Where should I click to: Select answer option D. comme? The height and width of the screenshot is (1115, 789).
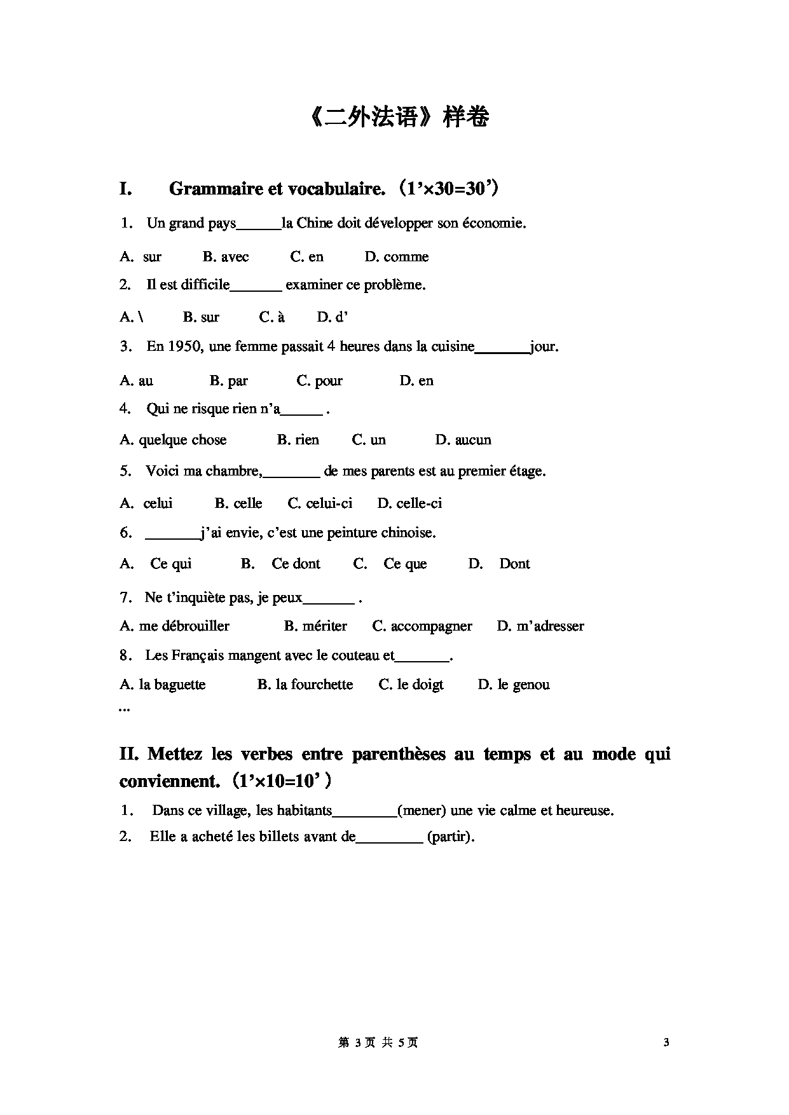coord(397,257)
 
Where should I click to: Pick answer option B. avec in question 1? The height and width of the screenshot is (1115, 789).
coord(226,257)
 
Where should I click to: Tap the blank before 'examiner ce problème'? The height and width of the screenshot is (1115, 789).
coord(256,286)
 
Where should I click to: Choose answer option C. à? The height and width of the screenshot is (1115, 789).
coord(272,317)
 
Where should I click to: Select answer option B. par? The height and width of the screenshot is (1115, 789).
coord(229,381)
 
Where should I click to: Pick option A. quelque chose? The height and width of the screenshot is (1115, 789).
coord(173,440)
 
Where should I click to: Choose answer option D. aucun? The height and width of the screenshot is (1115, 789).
coord(463,440)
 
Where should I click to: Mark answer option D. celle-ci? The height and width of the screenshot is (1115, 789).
coord(409,503)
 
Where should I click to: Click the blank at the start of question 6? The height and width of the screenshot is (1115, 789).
coord(172,534)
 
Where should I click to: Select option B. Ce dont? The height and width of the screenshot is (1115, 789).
coord(281,564)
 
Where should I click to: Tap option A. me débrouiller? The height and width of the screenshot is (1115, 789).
coord(175,626)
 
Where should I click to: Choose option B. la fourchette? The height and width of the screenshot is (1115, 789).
coord(305,685)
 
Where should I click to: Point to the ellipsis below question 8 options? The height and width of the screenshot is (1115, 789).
coord(125,709)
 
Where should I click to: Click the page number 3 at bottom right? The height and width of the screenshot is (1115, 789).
coord(666,1042)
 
